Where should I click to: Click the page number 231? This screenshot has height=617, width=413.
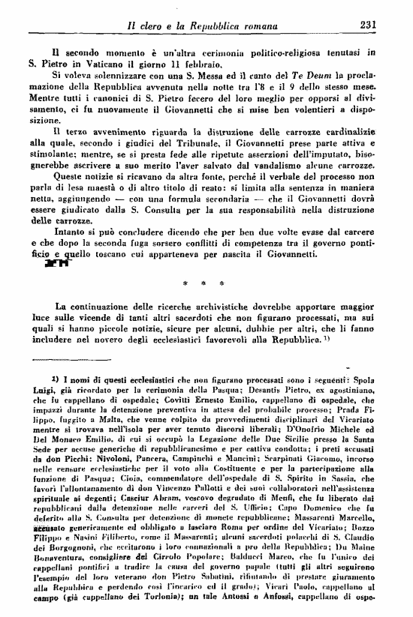367,25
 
